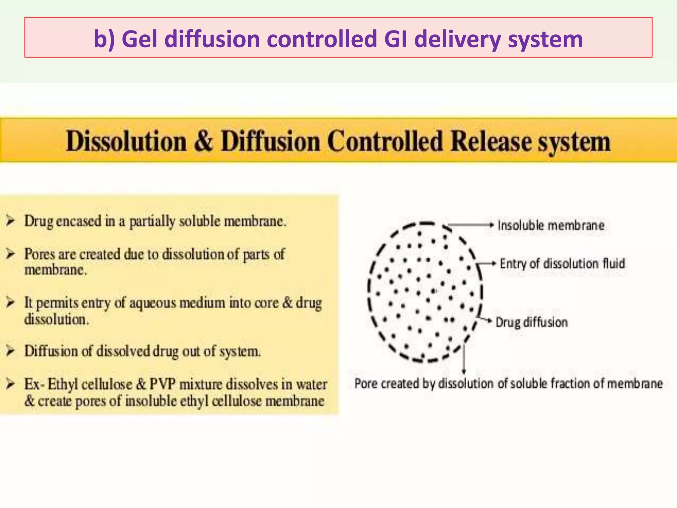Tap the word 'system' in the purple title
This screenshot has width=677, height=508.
click(545, 39)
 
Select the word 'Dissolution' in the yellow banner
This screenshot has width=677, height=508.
click(126, 142)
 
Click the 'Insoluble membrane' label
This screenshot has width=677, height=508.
click(551, 226)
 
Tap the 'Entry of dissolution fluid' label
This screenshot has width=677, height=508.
click(562, 264)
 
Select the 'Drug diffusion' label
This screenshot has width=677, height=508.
click(532, 322)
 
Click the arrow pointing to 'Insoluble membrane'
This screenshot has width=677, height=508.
click(469, 225)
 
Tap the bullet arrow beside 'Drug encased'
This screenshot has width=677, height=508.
click(11, 221)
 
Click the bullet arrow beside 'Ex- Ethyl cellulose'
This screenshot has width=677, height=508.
click(11, 384)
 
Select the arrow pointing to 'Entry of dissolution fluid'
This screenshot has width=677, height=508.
click(487, 264)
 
